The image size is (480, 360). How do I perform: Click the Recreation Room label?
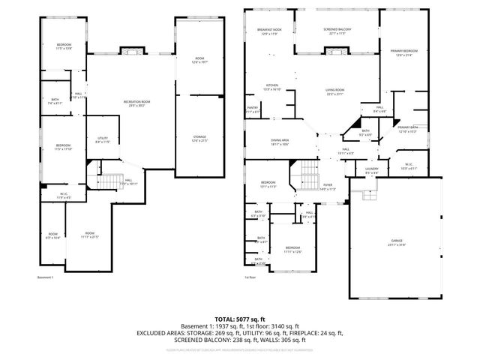[136, 103]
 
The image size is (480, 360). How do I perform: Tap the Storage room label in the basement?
[199, 138]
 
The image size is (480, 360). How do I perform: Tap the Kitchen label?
[272, 86]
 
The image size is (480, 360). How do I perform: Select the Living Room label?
[334, 91]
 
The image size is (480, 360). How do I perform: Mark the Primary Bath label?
[408, 129]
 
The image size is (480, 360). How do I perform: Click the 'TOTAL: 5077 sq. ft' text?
[239, 319]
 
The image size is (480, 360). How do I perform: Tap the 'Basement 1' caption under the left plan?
[46, 278]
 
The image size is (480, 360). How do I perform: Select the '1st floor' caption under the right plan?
[250, 278]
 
